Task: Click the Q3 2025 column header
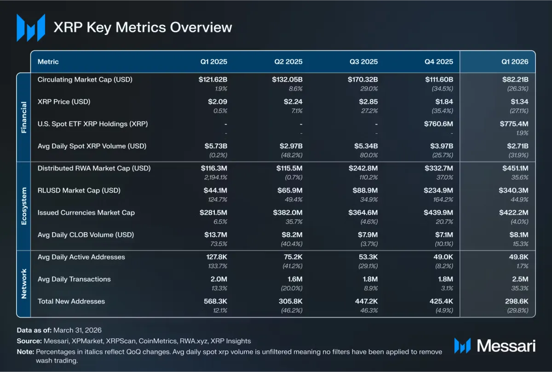point(363,62)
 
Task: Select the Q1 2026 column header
point(515,62)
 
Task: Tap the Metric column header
point(48,62)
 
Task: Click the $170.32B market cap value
point(363,80)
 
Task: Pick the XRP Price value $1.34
point(519,102)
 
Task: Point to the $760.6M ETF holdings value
point(439,124)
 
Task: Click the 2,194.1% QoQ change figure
point(216,177)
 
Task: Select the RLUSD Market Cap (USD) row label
point(79,190)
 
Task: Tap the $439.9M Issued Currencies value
point(438,212)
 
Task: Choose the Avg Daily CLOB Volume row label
point(86,235)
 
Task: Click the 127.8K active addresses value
point(217,257)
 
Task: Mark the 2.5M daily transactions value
point(520,279)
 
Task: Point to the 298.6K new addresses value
point(517,301)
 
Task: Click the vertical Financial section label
point(24,117)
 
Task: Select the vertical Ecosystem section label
point(24,206)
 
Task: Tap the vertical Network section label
point(24,284)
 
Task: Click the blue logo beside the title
point(31,28)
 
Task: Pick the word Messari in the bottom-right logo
point(506,346)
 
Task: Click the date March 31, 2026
point(77,330)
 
